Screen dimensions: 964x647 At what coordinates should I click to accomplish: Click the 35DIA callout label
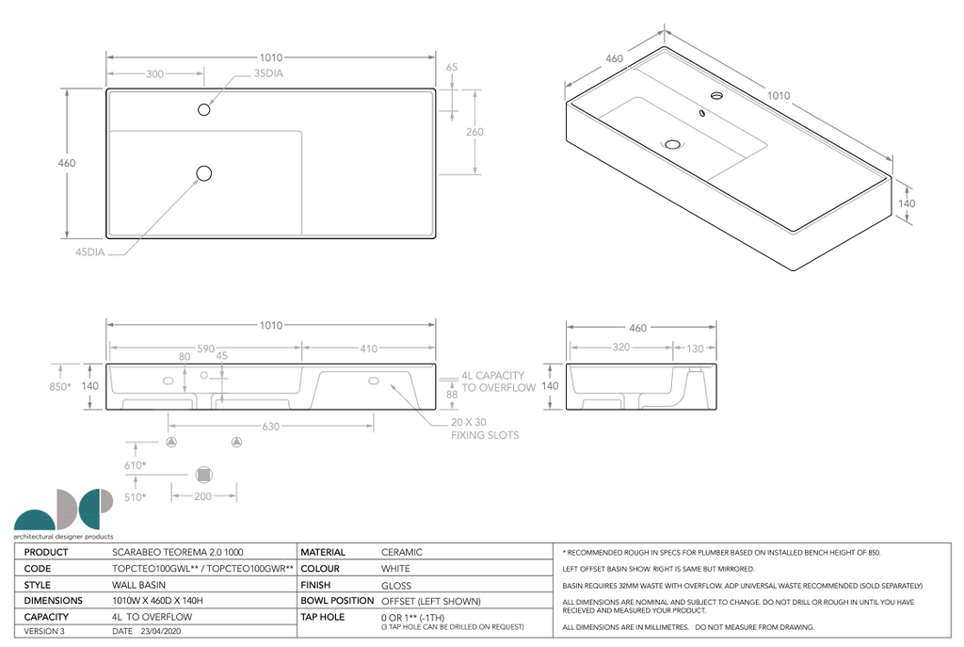(x=268, y=73)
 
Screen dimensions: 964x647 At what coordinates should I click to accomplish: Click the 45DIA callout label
(x=90, y=252)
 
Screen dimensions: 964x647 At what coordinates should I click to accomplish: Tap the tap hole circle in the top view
(x=204, y=109)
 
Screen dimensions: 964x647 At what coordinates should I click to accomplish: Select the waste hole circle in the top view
(x=204, y=173)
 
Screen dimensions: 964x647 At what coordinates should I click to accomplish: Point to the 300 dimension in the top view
(x=155, y=73)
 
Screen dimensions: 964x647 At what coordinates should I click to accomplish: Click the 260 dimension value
(x=474, y=132)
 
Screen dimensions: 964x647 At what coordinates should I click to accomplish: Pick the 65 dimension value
(x=452, y=67)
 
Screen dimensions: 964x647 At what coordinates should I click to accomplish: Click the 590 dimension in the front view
(x=206, y=348)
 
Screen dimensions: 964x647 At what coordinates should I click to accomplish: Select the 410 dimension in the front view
(x=369, y=348)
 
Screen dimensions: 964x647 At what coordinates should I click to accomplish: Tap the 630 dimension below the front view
(x=271, y=427)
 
